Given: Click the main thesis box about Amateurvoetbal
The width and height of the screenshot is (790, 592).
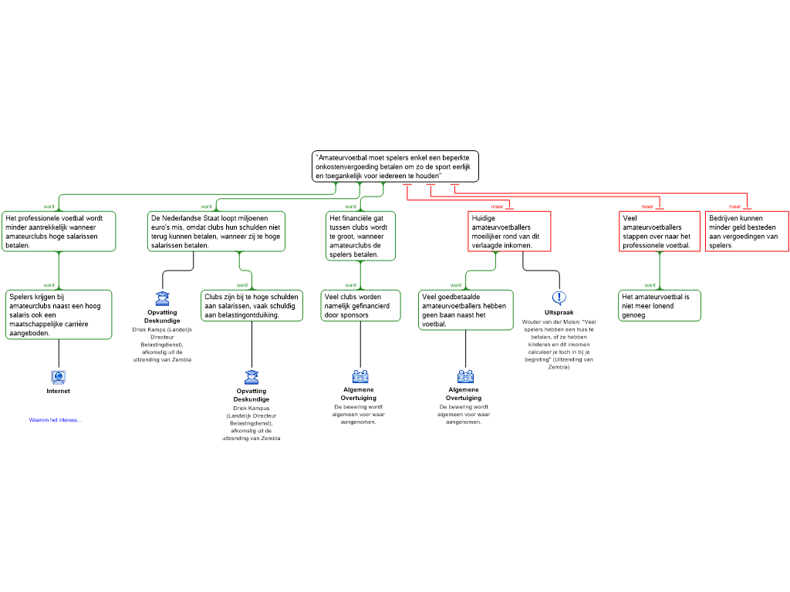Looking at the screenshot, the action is [395, 166].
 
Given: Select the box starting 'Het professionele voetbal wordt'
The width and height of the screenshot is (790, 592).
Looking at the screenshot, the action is [59, 231].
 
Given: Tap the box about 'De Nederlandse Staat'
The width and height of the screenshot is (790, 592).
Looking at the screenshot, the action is [216, 231].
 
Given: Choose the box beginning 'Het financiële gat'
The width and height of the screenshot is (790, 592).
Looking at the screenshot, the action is [360, 236].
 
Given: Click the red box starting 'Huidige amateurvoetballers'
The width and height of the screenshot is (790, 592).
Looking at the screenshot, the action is [509, 231].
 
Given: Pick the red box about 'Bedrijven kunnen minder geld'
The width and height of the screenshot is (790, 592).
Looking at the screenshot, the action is [747, 231].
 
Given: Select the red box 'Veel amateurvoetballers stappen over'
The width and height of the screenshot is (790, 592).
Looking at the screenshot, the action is [660, 231].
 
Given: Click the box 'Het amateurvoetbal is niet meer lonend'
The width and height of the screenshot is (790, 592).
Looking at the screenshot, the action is [660, 305].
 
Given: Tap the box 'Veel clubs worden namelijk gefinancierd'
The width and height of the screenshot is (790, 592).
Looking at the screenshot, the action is [361, 305].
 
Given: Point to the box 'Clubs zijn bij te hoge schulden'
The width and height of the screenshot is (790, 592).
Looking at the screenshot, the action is [252, 305].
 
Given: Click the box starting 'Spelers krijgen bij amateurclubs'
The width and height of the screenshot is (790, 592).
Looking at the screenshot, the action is [59, 314].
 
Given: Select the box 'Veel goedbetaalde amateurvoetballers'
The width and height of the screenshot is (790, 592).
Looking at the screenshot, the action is [465, 310].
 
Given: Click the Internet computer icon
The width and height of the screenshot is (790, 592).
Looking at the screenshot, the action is [59, 376].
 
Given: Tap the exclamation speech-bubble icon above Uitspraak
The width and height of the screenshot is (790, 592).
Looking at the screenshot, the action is [559, 298].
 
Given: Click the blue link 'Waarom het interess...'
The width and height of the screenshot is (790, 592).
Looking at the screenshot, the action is [55, 420].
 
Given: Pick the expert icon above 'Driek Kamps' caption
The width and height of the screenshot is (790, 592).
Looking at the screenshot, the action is [162, 298].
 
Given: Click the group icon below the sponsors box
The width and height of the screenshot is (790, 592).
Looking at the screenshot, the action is [360, 376].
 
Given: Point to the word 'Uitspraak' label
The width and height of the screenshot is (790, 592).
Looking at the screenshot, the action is [559, 313].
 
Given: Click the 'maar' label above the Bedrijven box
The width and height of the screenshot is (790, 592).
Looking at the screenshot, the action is [734, 207].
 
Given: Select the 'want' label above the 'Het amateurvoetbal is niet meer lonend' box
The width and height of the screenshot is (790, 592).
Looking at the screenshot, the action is [650, 285].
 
